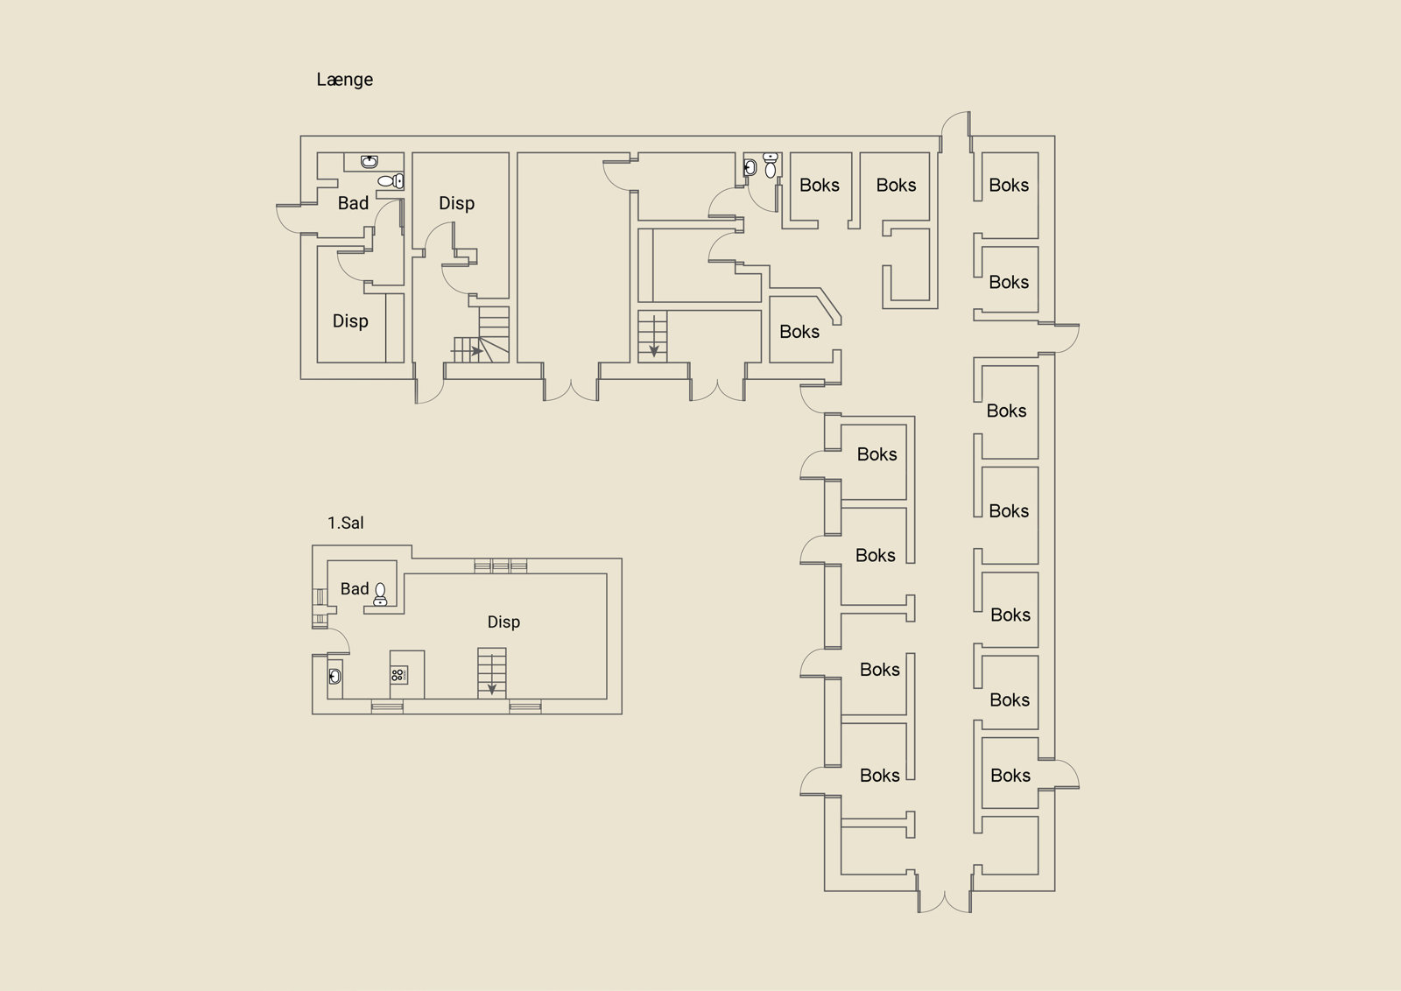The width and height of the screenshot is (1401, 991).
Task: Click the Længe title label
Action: point(345,80)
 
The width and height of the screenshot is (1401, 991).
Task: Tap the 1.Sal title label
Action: point(345,523)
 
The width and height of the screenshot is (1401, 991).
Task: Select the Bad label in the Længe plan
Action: point(353,202)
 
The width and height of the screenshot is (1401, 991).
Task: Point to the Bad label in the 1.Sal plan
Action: point(355,588)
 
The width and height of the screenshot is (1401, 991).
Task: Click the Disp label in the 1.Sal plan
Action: point(503,622)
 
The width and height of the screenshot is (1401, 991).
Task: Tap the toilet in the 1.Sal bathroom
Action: point(380,594)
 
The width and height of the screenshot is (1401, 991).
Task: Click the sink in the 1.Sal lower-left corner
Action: point(334,676)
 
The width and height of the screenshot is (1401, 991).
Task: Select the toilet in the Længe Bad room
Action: point(391,180)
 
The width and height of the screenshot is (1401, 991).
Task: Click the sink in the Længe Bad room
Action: point(369,162)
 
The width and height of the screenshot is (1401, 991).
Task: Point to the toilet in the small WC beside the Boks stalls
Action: point(771,165)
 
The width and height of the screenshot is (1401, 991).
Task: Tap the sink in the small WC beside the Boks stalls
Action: point(750,167)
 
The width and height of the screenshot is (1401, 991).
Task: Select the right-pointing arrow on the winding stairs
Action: point(467,351)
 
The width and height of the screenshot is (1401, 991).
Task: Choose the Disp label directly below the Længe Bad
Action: point(350,321)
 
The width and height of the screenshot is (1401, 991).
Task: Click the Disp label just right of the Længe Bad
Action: point(456,203)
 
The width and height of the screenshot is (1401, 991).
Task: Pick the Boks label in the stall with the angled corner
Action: point(799,332)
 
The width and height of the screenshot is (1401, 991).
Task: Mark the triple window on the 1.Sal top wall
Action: point(500,566)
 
